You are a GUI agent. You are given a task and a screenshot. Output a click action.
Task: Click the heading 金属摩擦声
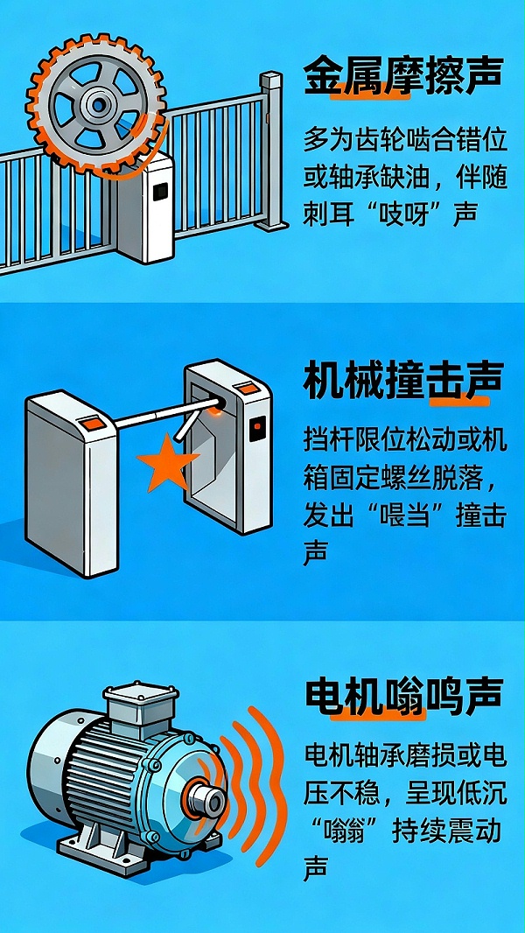click(404, 77)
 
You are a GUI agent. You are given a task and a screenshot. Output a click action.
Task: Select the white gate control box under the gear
click(147, 207)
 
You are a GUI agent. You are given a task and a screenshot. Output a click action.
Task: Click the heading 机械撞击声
click(404, 382)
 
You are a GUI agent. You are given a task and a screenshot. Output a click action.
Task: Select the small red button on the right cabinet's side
click(257, 429)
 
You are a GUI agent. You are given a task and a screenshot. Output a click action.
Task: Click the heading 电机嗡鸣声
click(404, 697)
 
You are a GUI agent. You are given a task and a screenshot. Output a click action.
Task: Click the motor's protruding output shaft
click(208, 800)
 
